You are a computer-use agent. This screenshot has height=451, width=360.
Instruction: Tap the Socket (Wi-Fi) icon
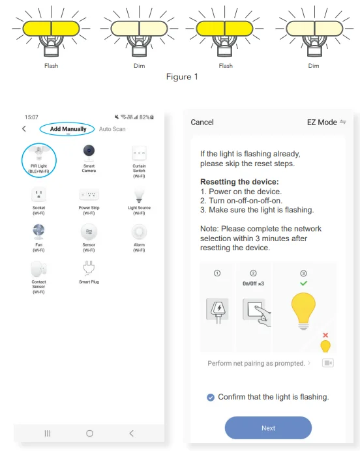pyautogui.click(x=38, y=194)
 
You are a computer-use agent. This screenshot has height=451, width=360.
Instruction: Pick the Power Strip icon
pyautogui.click(x=89, y=194)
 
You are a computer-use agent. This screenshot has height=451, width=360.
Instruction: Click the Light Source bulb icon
pyautogui.click(x=139, y=194)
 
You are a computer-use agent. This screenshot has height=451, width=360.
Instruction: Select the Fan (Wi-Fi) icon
pyautogui.click(x=38, y=231)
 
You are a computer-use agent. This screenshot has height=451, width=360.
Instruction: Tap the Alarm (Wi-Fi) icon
pyautogui.click(x=139, y=231)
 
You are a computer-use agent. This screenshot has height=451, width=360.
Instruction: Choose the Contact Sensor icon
pyautogui.click(x=38, y=269)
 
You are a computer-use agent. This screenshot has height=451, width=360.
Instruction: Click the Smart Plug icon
pyautogui.click(x=89, y=268)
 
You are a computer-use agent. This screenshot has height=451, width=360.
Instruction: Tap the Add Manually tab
pyautogui.click(x=68, y=129)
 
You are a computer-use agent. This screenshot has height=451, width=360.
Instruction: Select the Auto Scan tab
pyautogui.click(x=112, y=129)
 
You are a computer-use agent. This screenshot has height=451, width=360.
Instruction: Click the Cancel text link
pyautogui.click(x=202, y=123)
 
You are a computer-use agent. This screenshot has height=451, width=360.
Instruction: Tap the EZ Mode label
pyautogui.click(x=322, y=123)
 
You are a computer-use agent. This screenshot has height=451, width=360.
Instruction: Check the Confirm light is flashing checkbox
pyautogui.click(x=210, y=397)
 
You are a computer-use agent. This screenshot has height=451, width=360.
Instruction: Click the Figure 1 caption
pyautogui.click(x=181, y=77)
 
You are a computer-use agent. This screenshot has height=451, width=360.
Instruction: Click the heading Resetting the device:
pyautogui.click(x=239, y=182)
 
